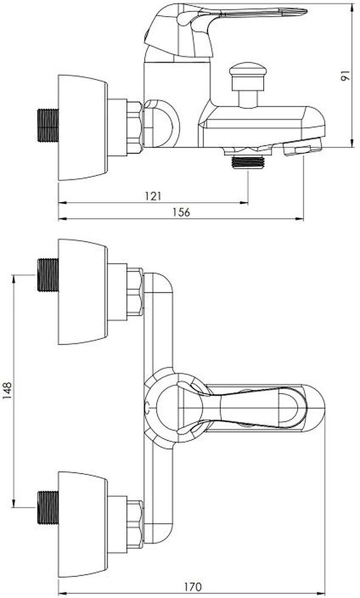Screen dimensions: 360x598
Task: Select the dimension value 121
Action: tap(153, 196)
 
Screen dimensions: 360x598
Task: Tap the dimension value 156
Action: tap(181, 212)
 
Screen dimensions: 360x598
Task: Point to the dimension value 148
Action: tap(8, 390)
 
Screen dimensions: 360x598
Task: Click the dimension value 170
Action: tap(193, 587)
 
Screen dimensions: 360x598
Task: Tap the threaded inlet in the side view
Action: tap(48, 126)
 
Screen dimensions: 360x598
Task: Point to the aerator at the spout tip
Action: tap(303, 147)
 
